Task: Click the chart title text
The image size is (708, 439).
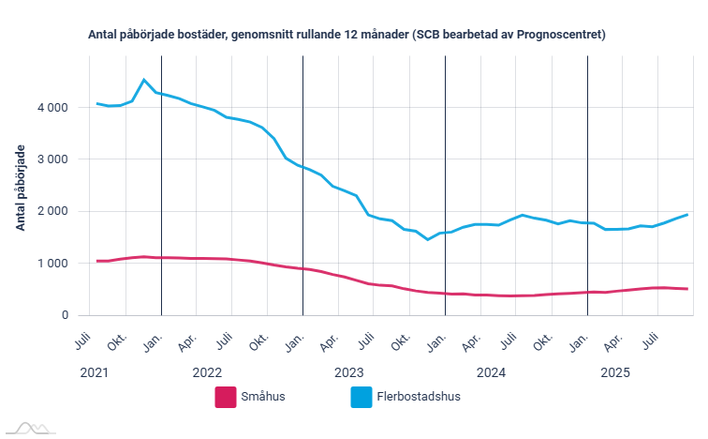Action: click(347, 35)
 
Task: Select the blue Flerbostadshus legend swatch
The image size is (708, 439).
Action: click(361, 397)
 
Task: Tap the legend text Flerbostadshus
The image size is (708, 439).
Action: click(419, 397)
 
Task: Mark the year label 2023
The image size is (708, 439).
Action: click(348, 372)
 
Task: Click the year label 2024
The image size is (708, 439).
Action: click(491, 372)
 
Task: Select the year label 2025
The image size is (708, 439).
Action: click(615, 372)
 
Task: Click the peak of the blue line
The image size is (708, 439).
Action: click(143, 80)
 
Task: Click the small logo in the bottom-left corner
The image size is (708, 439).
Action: click(28, 428)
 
